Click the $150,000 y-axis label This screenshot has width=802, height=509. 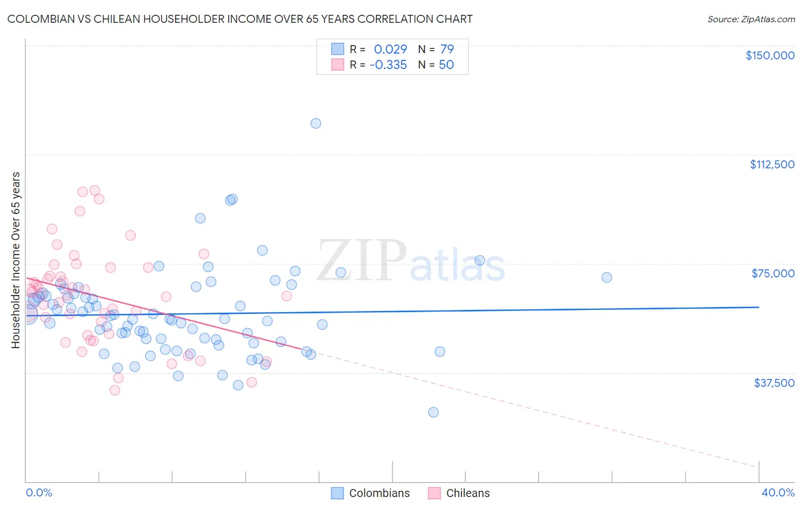click(769, 55)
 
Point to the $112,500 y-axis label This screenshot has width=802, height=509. click(772, 164)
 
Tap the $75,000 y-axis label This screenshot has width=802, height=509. click(773, 273)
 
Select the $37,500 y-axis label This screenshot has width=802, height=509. click(774, 382)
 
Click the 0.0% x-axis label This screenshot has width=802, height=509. click(39, 492)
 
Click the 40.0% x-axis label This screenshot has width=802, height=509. click(777, 492)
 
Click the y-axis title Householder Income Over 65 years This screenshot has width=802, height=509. click(15, 260)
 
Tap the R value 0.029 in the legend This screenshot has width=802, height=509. click(390, 49)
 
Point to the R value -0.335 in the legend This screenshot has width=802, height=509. click(388, 64)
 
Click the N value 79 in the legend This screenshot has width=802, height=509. click(447, 49)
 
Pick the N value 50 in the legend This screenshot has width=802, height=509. click(446, 64)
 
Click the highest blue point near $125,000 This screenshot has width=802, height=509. click(315, 123)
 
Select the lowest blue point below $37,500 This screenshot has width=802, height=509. click(434, 412)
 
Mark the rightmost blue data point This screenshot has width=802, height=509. click(606, 277)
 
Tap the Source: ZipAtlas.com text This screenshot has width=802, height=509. click(751, 19)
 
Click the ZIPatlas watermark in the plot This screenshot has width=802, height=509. click(411, 261)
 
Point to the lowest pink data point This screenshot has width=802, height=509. click(115, 390)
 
